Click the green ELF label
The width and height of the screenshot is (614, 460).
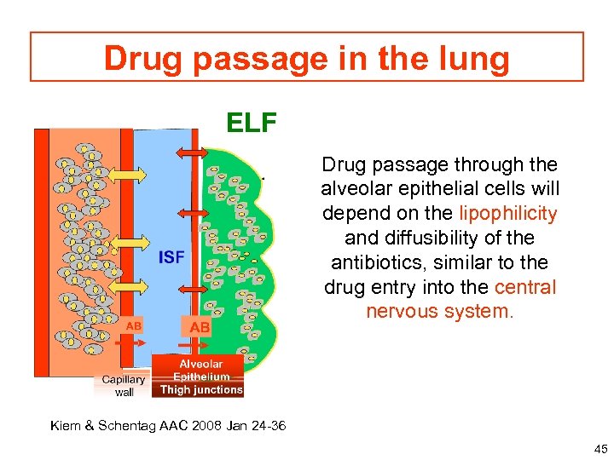click(252, 124)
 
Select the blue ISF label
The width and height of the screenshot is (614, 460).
click(171, 256)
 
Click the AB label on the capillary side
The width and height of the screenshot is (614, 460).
click(134, 325)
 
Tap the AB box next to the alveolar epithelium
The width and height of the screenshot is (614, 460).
click(200, 327)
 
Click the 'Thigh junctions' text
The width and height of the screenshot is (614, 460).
click(201, 390)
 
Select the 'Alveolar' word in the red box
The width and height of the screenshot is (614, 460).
click(201, 364)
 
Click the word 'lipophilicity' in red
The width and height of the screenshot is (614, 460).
click(508, 214)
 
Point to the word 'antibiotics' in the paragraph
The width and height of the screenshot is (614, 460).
click(371, 263)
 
